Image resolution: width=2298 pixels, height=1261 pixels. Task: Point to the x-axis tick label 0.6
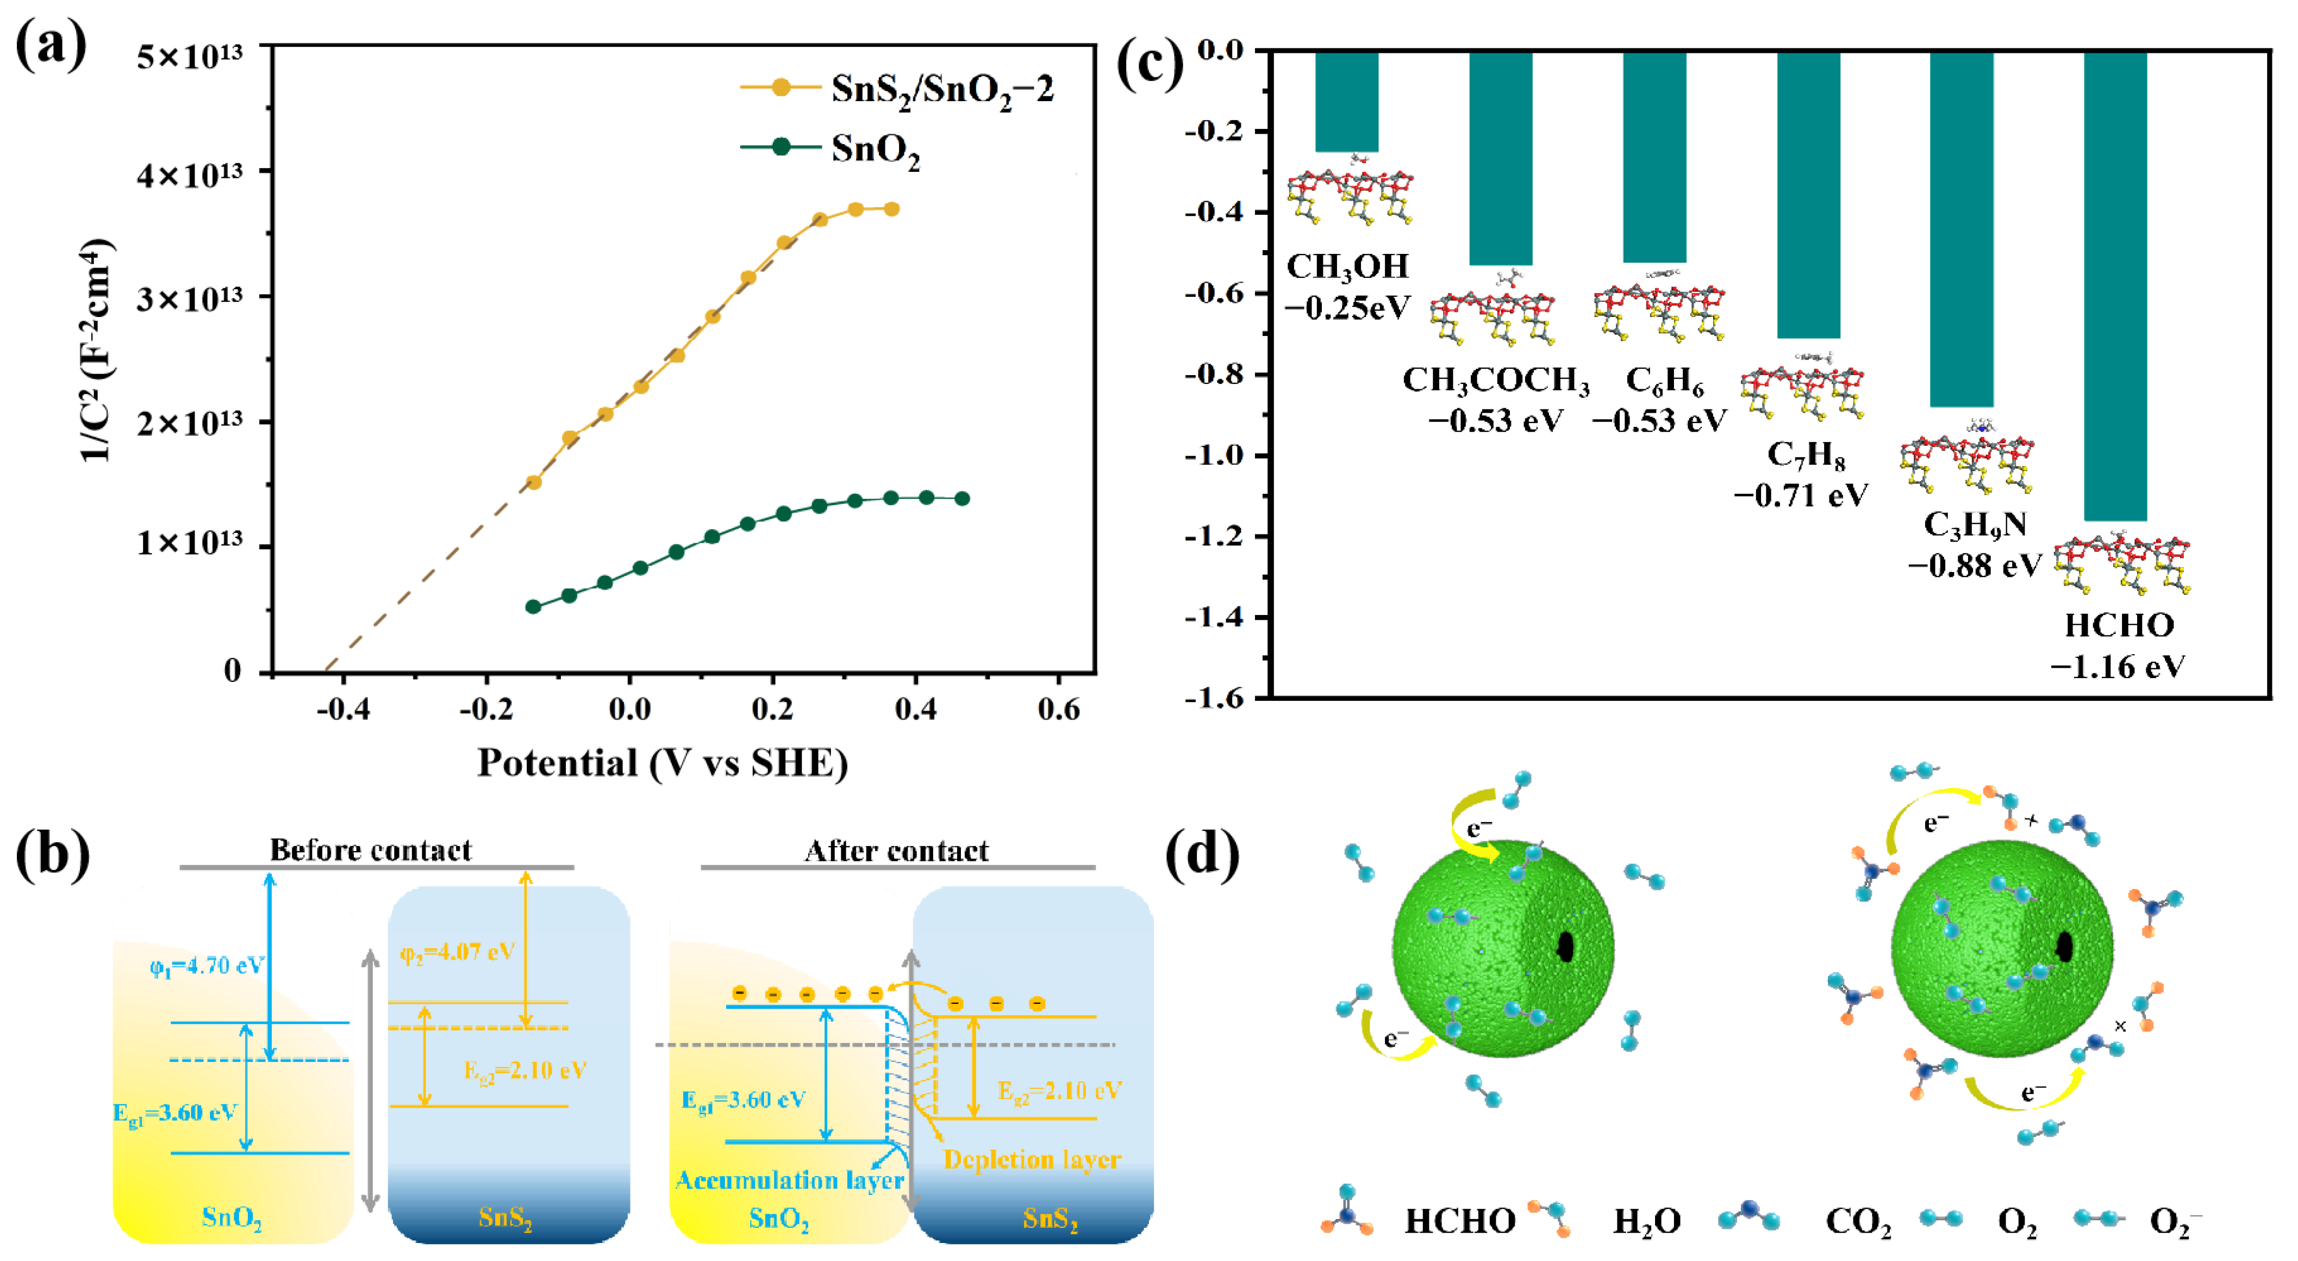[1058, 710]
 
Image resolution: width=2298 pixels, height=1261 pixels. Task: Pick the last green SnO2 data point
[961, 499]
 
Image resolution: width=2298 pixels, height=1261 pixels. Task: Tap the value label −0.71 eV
[1800, 495]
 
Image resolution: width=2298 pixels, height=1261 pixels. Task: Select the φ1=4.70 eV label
[207, 966]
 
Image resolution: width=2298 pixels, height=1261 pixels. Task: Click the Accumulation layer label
[790, 1180]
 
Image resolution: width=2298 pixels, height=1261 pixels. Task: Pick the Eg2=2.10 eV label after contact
[1059, 1091]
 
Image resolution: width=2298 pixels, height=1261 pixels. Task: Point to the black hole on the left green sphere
[1565, 947]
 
